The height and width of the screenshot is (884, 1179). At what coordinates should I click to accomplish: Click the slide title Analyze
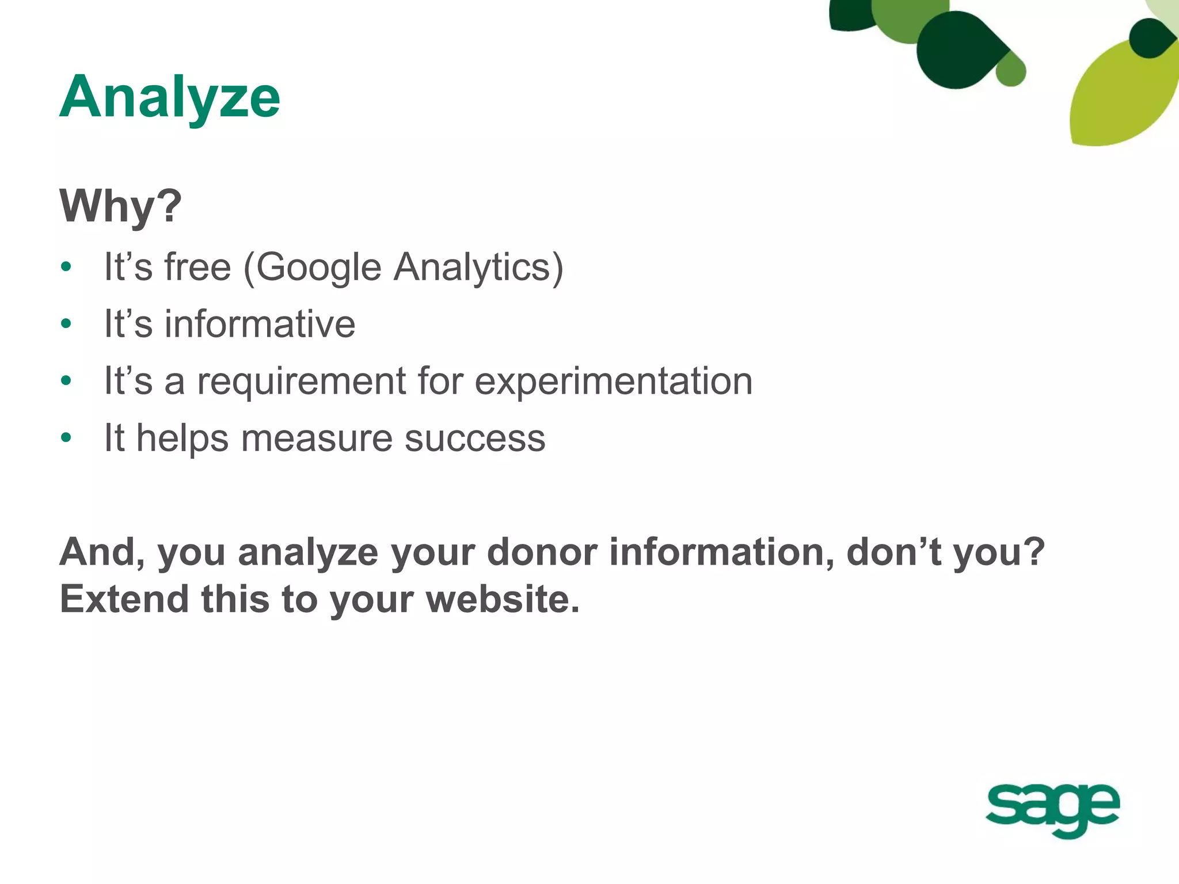[x=170, y=97]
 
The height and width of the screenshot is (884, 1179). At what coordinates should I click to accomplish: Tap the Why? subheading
[x=120, y=205]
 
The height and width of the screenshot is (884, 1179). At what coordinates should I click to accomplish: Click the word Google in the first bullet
[x=318, y=268]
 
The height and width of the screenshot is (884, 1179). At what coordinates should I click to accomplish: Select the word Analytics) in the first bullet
[x=478, y=268]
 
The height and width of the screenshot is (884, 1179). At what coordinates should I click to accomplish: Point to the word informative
[x=260, y=323]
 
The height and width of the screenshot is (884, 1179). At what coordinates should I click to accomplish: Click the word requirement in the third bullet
[x=302, y=381]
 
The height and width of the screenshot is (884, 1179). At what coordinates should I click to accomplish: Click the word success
[x=475, y=438]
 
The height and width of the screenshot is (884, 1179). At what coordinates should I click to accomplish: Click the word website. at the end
[x=503, y=599]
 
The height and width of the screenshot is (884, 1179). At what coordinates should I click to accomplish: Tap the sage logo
[x=1052, y=808]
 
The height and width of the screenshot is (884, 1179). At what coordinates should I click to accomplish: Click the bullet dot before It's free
[x=66, y=267]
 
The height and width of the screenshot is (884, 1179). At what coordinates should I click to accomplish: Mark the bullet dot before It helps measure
[x=66, y=438]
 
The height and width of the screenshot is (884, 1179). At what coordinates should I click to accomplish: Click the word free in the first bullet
[x=197, y=268]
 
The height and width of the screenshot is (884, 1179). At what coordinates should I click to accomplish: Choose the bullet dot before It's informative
[x=66, y=324]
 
